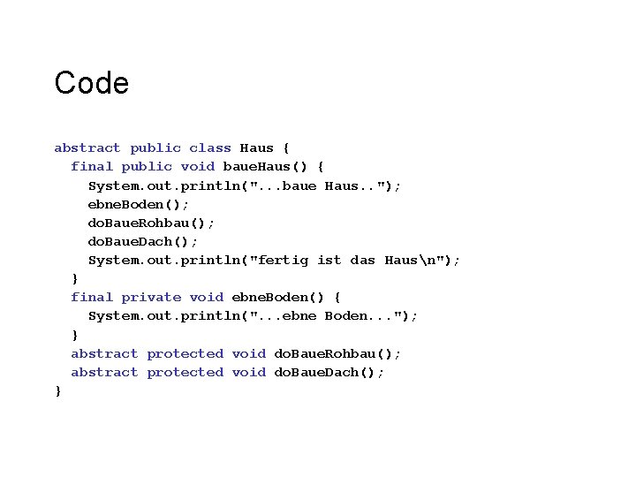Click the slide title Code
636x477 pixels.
click(x=91, y=83)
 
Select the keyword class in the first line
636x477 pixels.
click(x=210, y=148)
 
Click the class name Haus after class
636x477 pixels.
click(x=256, y=148)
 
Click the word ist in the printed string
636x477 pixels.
click(x=329, y=260)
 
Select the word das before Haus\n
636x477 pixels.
click(x=362, y=260)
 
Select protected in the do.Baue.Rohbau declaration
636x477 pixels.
click(x=185, y=353)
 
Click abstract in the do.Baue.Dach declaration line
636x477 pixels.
click(x=104, y=372)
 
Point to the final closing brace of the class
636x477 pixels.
click(x=58, y=390)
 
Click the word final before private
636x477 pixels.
click(x=92, y=297)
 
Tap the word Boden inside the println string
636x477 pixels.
click(x=350, y=315)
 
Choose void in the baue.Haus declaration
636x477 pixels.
click(x=197, y=166)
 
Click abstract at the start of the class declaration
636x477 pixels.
click(x=87, y=148)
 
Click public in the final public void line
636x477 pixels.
click(x=147, y=166)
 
